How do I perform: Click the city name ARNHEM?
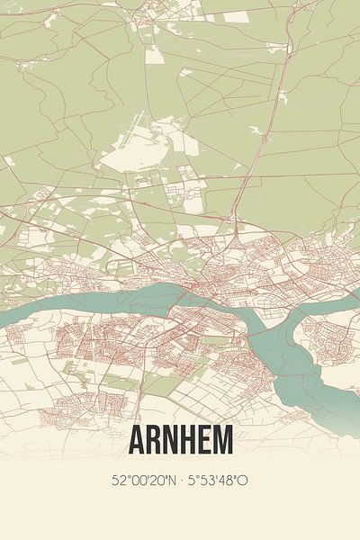(180, 440)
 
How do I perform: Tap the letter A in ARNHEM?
(138, 440)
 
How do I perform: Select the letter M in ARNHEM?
(222, 440)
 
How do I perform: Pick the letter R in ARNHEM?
(154, 440)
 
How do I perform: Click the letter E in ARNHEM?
(203, 440)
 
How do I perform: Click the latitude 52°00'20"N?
(143, 481)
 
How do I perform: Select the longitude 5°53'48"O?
(219, 481)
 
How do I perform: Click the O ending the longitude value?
(243, 481)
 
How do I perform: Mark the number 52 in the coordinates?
(120, 481)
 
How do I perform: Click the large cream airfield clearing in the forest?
(135, 157)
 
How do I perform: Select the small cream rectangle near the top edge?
(235, 16)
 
